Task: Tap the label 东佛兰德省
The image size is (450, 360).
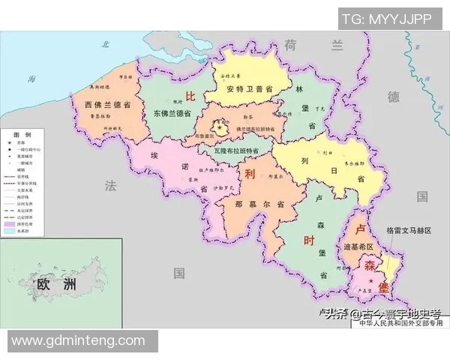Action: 171,112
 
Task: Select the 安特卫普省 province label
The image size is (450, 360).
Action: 245,88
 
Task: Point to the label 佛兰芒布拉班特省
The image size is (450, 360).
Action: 255,129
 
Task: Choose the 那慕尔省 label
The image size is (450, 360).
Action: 259,203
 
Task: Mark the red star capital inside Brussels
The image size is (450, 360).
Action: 220,129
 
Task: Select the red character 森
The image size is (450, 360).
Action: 370,266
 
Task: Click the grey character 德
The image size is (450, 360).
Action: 394,97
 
